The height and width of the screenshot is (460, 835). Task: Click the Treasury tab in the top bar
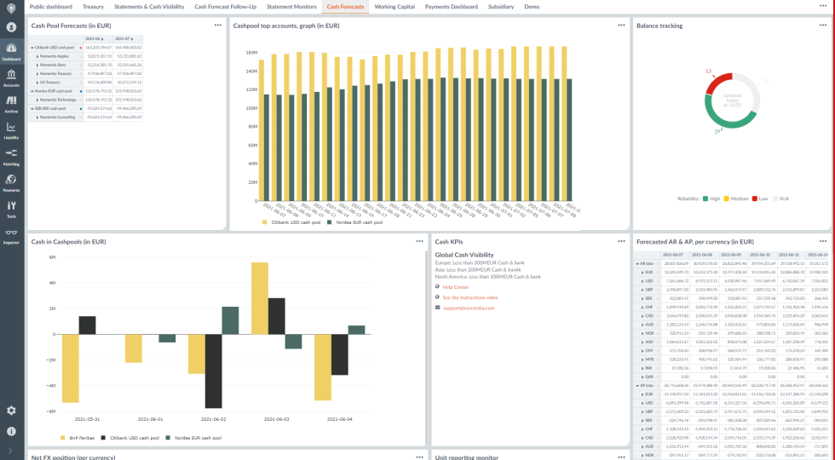93,6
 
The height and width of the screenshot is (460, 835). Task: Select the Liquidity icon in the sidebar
11,129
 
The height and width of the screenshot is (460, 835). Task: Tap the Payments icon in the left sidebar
11,181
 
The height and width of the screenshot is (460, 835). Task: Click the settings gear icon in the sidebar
11,410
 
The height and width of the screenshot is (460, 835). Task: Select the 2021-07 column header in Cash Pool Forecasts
122,38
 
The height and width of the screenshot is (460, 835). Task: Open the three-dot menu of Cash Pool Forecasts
218,26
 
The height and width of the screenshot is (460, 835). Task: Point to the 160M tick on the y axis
251,52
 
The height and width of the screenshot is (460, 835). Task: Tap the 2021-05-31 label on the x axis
87,418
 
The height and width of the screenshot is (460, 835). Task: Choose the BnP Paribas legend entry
81,437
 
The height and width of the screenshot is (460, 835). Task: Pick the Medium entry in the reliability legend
737,198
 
